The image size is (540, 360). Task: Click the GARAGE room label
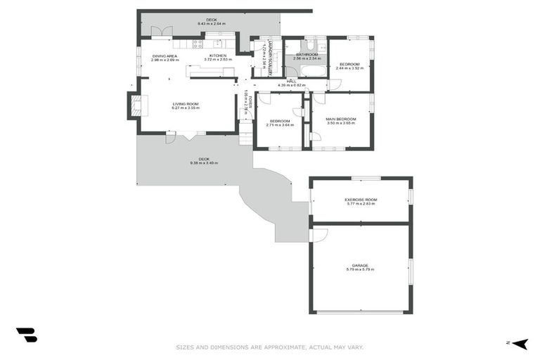tap(360, 265)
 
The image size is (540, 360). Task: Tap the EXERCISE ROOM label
tap(360, 200)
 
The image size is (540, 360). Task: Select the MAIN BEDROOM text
tap(340, 120)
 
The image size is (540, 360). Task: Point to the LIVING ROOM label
tap(186, 104)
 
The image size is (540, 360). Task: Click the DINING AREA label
tap(164, 56)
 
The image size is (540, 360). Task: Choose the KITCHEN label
tap(217, 56)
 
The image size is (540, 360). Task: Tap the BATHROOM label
tap(307, 55)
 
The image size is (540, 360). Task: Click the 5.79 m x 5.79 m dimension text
tap(360, 269)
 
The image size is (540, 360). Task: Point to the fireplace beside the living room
tap(133, 105)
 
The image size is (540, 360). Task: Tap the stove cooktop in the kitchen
tap(198, 44)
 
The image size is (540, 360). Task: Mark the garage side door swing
tap(318, 235)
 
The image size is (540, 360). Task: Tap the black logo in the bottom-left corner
tap(26, 335)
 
